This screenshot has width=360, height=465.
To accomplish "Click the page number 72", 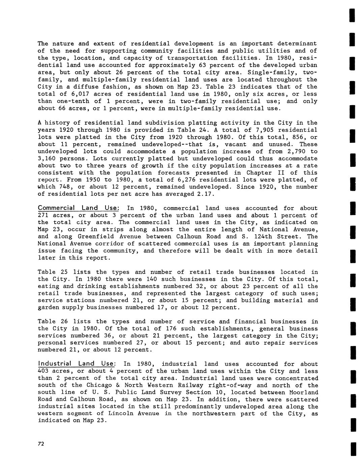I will [41, 444].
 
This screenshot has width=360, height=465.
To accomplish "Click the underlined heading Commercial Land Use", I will [78, 208].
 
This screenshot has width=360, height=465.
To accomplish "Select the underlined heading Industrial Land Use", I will [77, 364].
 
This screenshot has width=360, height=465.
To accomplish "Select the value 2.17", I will [205, 194].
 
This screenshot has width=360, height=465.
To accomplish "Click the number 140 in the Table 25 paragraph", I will [152, 279].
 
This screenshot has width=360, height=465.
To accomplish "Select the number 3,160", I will [48, 158].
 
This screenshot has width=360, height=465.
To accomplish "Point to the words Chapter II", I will [264, 173].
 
